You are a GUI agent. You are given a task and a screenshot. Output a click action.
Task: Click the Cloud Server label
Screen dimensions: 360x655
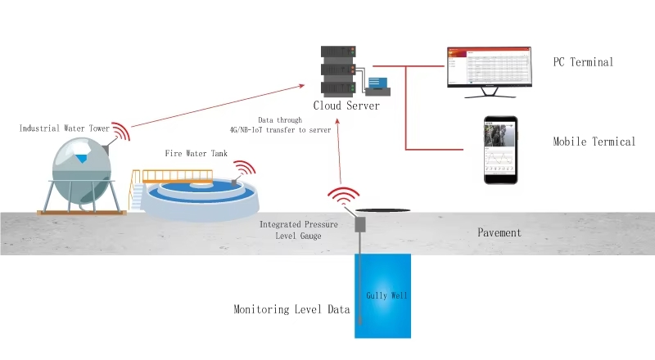coord(346,106)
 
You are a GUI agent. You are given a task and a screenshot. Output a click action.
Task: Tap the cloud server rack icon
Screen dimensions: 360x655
coord(337,70)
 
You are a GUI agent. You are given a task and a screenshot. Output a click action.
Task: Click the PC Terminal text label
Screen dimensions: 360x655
coord(583,62)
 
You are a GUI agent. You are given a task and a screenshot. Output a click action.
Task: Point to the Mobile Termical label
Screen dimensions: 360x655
coord(594,142)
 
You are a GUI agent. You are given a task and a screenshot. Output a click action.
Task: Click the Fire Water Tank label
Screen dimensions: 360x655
coord(196,153)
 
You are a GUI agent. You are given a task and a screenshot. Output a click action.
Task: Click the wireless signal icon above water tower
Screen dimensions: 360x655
coord(120,133)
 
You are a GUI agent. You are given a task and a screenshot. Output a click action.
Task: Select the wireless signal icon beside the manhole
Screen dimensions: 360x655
coord(343,199)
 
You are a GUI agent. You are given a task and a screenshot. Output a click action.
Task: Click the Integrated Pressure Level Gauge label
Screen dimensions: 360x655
coord(296,230)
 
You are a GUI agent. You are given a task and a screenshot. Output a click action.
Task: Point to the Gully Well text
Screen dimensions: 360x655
coord(382,295)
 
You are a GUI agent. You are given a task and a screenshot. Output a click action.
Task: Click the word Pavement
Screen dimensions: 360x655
coord(499,232)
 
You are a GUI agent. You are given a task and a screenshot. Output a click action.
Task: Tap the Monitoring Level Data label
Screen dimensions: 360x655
coord(291,310)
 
